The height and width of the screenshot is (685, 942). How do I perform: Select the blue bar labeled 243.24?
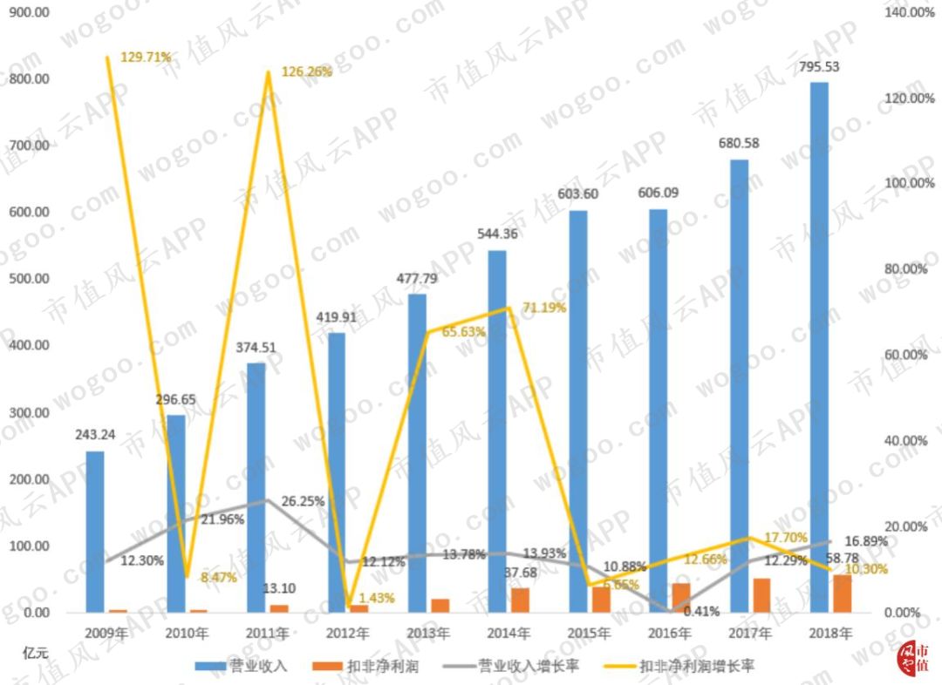click(x=94, y=532)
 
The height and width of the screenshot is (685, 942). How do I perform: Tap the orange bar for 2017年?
click(x=761, y=595)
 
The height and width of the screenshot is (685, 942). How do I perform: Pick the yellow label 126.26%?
click(x=306, y=71)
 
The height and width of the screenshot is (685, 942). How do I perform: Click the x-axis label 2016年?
click(x=669, y=632)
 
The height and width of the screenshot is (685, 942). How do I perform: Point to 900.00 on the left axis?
click(x=28, y=12)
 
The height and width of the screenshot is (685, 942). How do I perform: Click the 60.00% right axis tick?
click(x=901, y=355)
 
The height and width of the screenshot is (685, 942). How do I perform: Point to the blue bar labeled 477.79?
click(x=418, y=453)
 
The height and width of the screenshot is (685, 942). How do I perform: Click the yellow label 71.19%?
click(x=544, y=308)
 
